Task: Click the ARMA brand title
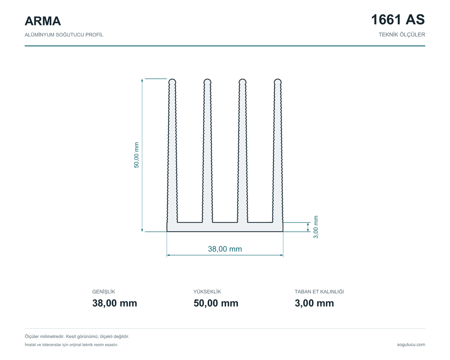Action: pyautogui.click(x=43, y=21)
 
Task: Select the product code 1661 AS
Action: pyautogui.click(x=398, y=19)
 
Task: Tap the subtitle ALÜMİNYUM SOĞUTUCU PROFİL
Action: pyautogui.click(x=64, y=35)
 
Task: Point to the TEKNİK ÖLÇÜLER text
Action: pyautogui.click(x=402, y=35)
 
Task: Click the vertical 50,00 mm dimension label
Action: pyautogui.click(x=136, y=155)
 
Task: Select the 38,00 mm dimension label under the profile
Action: pyautogui.click(x=225, y=249)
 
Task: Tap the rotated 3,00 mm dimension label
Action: pyautogui.click(x=316, y=227)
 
